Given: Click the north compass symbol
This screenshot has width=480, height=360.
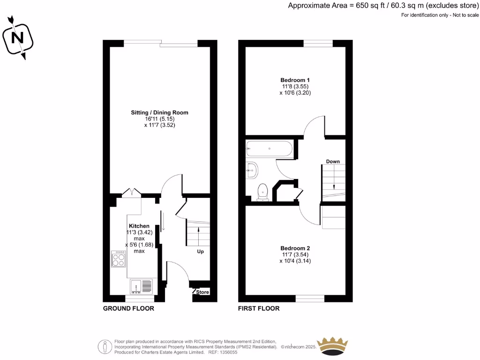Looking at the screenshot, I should (x=18, y=37).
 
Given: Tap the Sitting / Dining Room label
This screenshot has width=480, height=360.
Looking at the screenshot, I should (x=160, y=112).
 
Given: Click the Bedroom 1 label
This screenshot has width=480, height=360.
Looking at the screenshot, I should (x=295, y=80).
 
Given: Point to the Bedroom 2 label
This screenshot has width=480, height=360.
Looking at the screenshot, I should (x=295, y=248).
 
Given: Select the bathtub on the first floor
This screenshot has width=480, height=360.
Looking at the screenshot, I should (x=269, y=149).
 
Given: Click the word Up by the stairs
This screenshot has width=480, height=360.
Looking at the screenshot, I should (x=200, y=251).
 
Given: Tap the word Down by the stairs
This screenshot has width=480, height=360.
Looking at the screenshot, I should (x=333, y=162).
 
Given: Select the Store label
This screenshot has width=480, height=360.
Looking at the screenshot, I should (x=202, y=292).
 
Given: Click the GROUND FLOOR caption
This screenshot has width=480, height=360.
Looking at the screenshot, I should (x=128, y=308).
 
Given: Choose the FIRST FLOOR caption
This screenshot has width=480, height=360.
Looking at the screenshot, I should (x=259, y=308).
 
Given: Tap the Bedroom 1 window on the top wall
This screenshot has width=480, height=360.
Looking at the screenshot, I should (x=318, y=44).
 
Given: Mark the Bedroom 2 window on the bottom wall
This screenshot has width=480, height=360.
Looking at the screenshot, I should (x=310, y=298).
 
